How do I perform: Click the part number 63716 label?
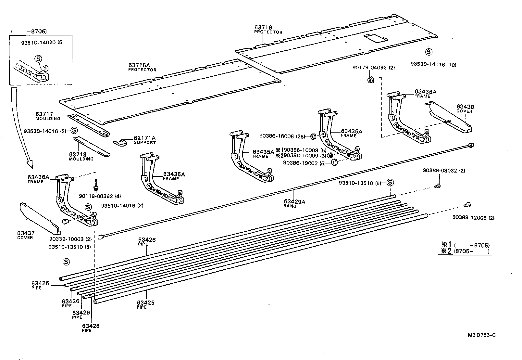[x=263, y=28]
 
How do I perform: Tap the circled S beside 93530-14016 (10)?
[x=429, y=52]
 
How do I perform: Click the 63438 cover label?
[x=465, y=107]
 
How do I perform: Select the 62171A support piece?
[x=122, y=142]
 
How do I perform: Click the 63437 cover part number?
[x=26, y=233]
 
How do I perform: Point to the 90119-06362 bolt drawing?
[x=96, y=186]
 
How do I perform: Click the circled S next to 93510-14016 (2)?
[x=88, y=206]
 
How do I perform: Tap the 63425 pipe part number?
[x=145, y=303]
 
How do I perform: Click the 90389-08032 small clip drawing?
[x=437, y=186]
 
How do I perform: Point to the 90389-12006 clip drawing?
[x=467, y=205]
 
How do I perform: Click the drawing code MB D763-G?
[x=481, y=335]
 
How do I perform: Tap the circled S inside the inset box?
[x=38, y=59]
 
